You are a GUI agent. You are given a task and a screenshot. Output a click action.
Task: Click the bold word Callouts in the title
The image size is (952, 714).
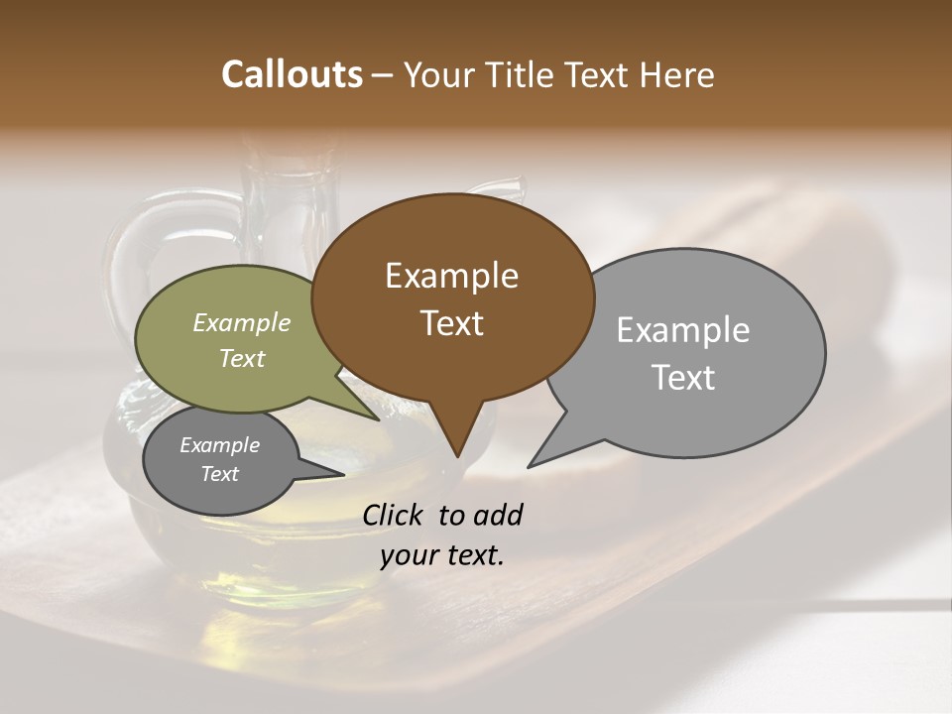tap(292, 74)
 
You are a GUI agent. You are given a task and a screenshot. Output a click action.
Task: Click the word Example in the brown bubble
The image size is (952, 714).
tap(451, 276)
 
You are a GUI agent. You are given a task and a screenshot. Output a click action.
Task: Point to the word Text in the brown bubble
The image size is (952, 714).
tap(451, 322)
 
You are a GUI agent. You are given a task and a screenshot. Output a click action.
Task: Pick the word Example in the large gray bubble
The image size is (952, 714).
tap(682, 330)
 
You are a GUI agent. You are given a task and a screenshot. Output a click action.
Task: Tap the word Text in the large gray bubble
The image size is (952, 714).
tap(682, 377)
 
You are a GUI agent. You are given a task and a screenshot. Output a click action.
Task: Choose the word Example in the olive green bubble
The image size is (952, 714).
tap(241, 322)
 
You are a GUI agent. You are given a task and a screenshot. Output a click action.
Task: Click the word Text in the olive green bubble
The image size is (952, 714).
tap(241, 358)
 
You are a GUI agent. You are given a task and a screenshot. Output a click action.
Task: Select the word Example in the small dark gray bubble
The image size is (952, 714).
tap(219, 445)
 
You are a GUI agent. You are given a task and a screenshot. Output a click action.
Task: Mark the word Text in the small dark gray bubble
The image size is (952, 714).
tap(219, 474)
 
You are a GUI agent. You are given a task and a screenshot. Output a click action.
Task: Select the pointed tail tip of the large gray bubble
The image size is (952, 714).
tap(529, 466)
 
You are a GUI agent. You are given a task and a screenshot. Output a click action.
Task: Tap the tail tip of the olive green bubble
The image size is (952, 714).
tap(379, 419)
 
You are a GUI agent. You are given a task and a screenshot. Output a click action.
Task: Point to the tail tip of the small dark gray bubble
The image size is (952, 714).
tap(343, 474)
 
